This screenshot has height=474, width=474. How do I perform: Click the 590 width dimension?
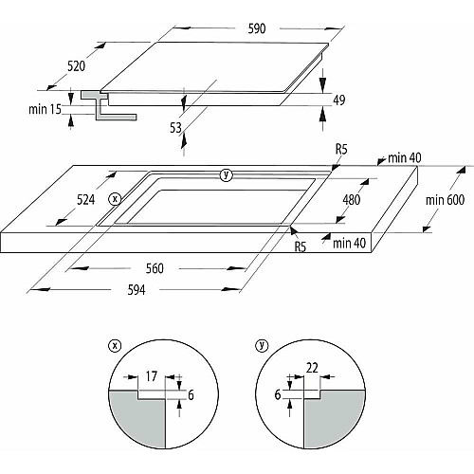tap(257, 28)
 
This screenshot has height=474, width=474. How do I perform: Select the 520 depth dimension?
tap(77, 66)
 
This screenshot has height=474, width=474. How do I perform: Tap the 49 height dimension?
tap(339, 100)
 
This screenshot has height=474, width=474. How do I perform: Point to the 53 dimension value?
tap(175, 128)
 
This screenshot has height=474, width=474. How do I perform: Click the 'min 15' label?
tap(45, 109)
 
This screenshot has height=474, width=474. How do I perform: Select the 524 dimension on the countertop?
tap(86, 200)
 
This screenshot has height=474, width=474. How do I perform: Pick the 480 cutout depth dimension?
tap(352, 200)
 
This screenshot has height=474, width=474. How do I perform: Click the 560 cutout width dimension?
tap(155, 268)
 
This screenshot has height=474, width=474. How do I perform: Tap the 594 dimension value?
tap(137, 290)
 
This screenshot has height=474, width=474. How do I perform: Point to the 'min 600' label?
tap(445, 200)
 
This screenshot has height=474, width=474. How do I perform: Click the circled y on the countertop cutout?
tap(226, 174)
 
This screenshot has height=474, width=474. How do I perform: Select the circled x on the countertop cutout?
tap(115, 199)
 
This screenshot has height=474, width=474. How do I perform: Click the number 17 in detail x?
tap(152, 376)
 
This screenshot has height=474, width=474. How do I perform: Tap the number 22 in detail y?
tap(312, 368)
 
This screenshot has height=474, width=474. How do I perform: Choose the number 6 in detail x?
tap(191, 395)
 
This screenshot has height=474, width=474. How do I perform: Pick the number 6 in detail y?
tap(278, 394)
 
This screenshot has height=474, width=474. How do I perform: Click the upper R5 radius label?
tap(341, 149)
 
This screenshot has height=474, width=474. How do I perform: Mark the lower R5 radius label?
tap(301, 246)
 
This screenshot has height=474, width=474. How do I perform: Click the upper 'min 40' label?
tap(405, 157)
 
